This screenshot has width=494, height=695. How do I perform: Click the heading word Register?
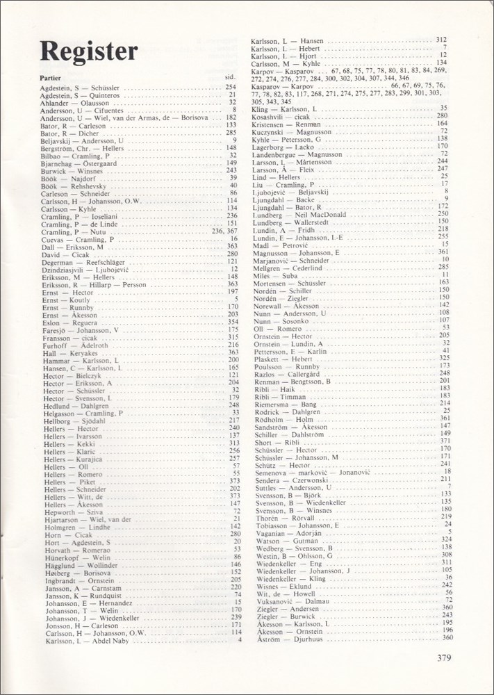(89, 51)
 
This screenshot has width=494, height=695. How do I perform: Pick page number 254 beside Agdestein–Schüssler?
(232, 88)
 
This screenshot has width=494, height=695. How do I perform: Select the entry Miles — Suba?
(276, 275)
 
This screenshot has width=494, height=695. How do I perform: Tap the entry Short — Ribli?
(277, 441)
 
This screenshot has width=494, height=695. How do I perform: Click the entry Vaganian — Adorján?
(286, 532)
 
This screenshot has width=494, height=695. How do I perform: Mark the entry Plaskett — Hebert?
(283, 358)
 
